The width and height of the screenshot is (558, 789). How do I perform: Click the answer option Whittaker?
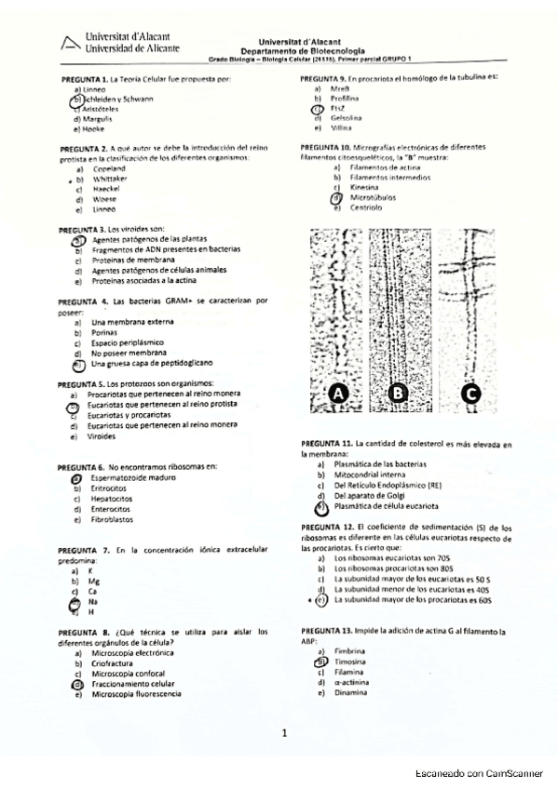[x=110, y=178]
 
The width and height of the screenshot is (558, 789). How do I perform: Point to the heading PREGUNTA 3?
[x=82, y=228]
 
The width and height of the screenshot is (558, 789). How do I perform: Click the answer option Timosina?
[x=350, y=662]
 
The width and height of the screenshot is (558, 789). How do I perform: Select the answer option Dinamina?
[x=350, y=692]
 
